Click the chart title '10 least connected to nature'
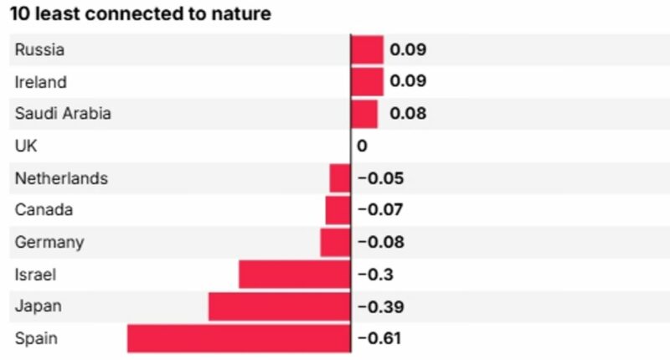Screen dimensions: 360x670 [x=141, y=15]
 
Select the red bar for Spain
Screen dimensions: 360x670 [x=239, y=338]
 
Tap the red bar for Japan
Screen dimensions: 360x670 [x=279, y=306]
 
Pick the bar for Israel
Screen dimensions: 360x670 [x=294, y=275]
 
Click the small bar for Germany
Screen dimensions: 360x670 [x=335, y=243]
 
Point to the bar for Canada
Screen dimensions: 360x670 [x=338, y=210]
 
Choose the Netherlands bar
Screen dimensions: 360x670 [x=340, y=178]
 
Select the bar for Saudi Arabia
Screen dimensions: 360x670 [x=364, y=114]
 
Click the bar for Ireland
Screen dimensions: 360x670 [x=368, y=82]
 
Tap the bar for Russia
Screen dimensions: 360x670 [x=368, y=49]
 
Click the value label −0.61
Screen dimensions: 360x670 [x=379, y=338]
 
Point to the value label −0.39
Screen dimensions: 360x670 [x=381, y=306]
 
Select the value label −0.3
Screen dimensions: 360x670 [x=375, y=275]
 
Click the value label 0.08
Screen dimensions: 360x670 [x=408, y=114]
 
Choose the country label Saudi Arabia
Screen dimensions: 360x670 [x=63, y=114]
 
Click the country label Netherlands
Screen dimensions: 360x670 [x=61, y=178]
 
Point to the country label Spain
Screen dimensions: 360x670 [x=35, y=338]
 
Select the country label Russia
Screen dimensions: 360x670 [x=39, y=49]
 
